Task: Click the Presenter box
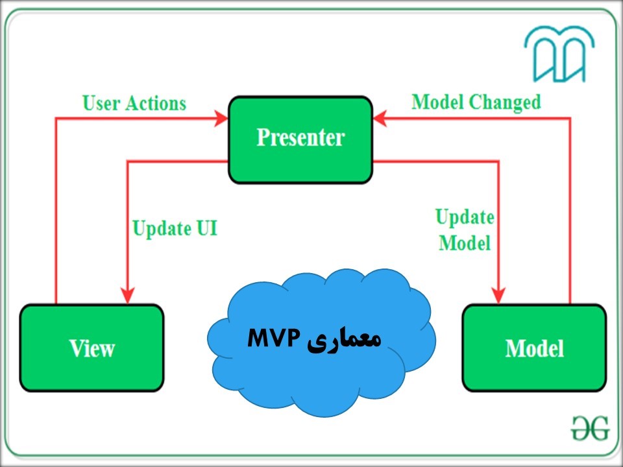(300, 139)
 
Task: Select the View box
(92, 348)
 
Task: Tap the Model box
(534, 348)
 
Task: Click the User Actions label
(134, 103)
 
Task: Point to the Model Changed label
(476, 102)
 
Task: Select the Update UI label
(175, 228)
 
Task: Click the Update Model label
(464, 230)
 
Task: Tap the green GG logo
(590, 427)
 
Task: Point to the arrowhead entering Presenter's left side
(221, 119)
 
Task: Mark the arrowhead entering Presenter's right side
(380, 119)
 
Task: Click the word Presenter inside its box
(300, 138)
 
